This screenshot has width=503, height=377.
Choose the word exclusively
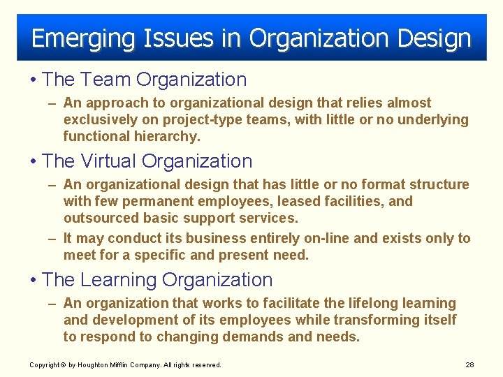pos(103,119)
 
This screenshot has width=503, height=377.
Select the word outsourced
pos(100,218)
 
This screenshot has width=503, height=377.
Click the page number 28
pos(469,365)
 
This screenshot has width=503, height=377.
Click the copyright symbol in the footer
pos(63,365)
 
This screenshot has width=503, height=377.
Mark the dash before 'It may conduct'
pos(52,238)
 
